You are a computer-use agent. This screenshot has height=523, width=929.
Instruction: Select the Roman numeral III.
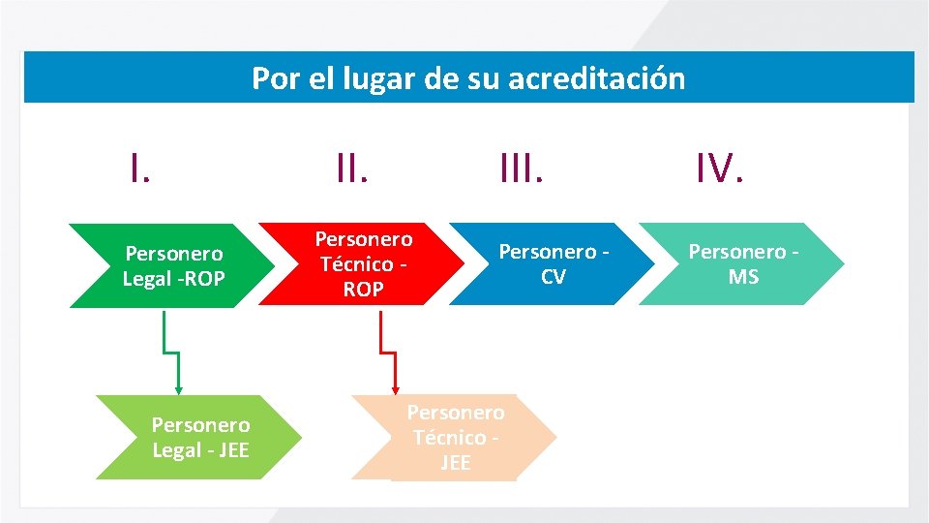coord(522,169)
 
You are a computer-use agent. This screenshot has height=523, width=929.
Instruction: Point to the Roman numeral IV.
coord(719,169)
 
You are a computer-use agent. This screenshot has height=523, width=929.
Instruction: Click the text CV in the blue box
coord(554,278)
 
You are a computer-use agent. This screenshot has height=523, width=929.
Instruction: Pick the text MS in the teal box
coord(743,278)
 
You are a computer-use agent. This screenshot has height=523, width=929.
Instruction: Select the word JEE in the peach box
coord(456,463)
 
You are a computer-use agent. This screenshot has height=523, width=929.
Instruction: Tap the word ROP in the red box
coord(364,290)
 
